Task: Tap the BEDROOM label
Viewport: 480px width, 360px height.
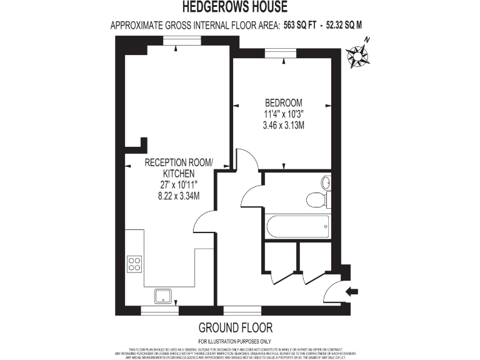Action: coord(284,103)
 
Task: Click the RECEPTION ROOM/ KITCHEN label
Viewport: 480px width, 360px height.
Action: coord(179,167)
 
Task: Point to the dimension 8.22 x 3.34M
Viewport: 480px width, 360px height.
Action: coord(179,196)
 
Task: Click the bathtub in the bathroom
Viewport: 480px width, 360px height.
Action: coord(297,226)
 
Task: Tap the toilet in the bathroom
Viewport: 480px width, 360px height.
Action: coord(316,199)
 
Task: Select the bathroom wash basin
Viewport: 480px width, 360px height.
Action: coord(326,182)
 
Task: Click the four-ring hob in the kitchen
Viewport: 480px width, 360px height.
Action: coord(134,264)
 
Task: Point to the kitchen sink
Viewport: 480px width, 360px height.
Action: coord(164,296)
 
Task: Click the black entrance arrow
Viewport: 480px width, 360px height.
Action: coord(352,290)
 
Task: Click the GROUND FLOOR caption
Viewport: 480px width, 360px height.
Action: coord(236,327)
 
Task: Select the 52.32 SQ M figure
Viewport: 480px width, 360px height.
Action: coord(344,26)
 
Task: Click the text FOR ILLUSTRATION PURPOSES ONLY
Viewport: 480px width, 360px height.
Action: coord(235,341)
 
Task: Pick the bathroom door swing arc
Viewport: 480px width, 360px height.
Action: coord(251,196)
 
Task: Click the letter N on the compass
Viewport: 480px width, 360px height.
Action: coord(367,41)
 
